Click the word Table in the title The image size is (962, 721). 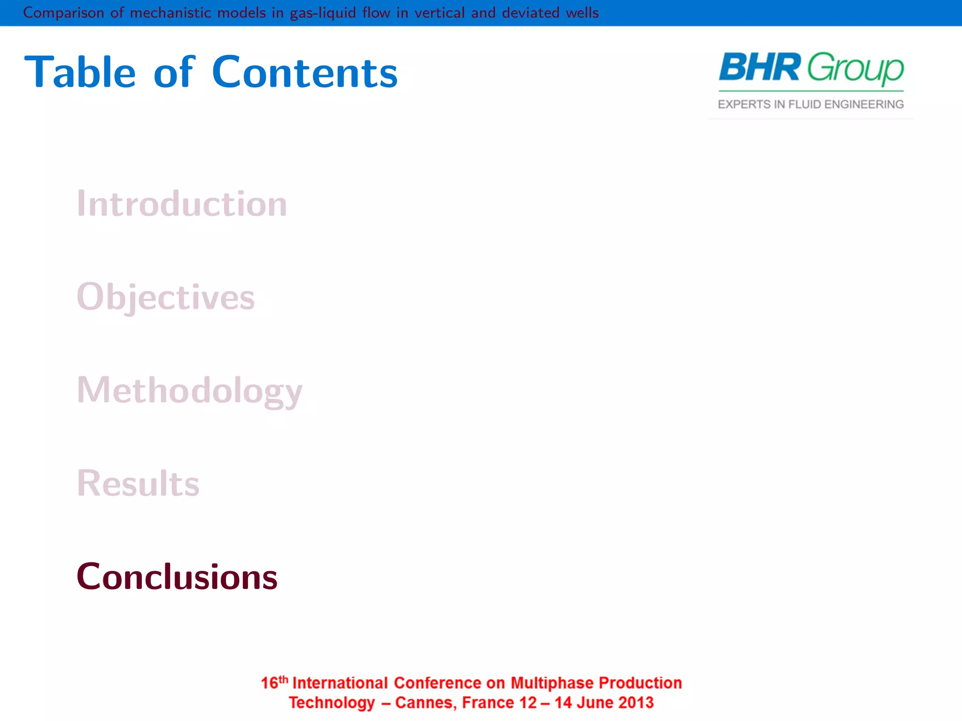(x=80, y=73)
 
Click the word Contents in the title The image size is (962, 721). (x=304, y=73)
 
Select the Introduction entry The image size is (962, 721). (x=182, y=204)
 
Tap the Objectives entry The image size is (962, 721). (x=165, y=297)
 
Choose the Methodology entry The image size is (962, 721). (x=189, y=391)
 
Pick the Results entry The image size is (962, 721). (x=138, y=483)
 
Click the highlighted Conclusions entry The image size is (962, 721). (x=177, y=577)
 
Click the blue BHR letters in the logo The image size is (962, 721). (x=759, y=68)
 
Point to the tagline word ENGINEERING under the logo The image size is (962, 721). (x=864, y=104)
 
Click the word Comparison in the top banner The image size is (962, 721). (x=63, y=13)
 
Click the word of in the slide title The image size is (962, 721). (x=173, y=73)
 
